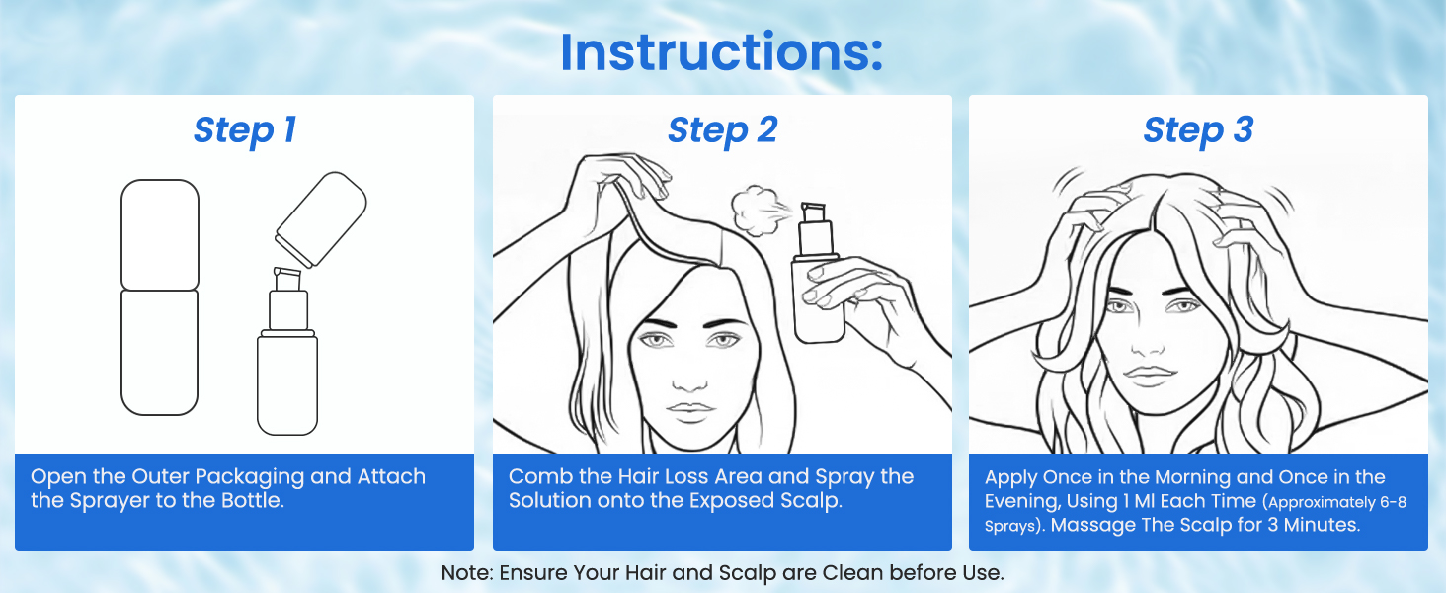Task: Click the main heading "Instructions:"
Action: (x=721, y=52)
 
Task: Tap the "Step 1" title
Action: (x=245, y=129)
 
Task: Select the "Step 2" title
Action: (x=722, y=129)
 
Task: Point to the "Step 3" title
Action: (x=1198, y=129)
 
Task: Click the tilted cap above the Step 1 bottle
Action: (x=321, y=219)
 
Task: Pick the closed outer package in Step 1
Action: (x=159, y=297)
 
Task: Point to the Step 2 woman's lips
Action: (x=689, y=409)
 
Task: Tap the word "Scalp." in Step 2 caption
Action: (x=812, y=501)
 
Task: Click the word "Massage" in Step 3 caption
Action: (x=1092, y=525)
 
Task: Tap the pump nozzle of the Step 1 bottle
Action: (x=287, y=279)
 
